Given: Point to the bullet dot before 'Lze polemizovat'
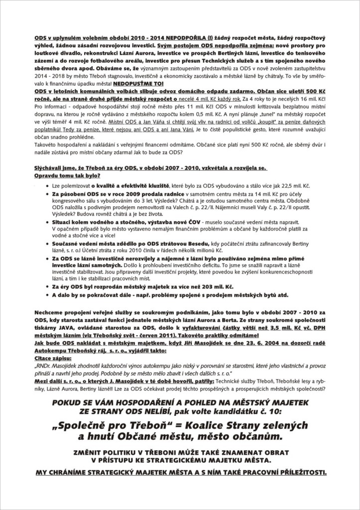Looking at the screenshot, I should pyautogui.click(x=46, y=185).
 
